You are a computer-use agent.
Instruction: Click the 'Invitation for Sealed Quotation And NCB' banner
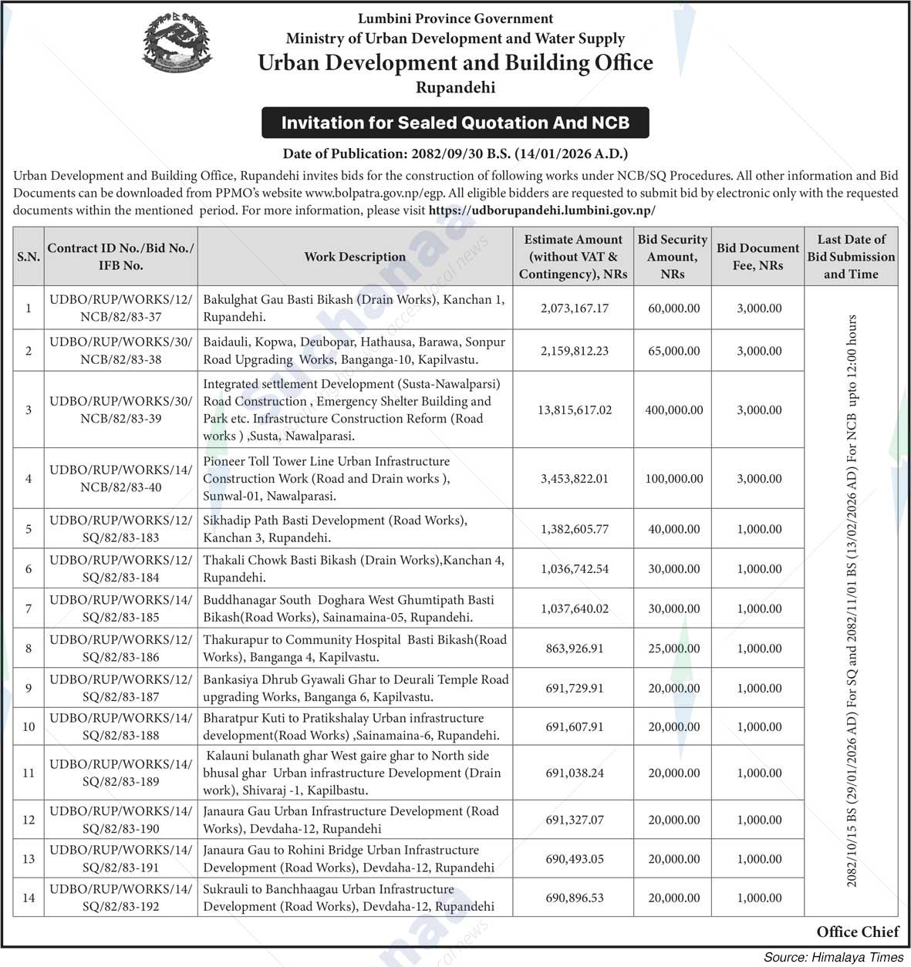click(x=455, y=123)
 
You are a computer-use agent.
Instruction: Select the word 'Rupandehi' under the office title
click(x=455, y=87)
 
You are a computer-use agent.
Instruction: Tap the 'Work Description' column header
click(x=355, y=257)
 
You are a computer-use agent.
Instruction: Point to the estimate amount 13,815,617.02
click(x=574, y=410)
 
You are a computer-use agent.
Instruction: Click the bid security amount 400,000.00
click(x=673, y=410)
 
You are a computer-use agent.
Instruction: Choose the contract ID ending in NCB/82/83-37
click(x=120, y=308)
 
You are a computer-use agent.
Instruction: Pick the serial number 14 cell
click(x=29, y=898)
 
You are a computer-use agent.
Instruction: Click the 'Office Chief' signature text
click(x=857, y=932)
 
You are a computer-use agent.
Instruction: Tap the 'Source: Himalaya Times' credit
click(x=833, y=957)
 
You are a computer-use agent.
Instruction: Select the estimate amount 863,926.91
click(x=574, y=649)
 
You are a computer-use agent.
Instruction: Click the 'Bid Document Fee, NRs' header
click(x=757, y=257)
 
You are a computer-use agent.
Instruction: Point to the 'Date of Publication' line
click(x=455, y=154)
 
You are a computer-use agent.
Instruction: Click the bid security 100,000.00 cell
click(x=673, y=479)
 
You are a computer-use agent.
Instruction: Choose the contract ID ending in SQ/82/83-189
click(x=120, y=773)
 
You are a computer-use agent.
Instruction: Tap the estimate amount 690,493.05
click(x=574, y=859)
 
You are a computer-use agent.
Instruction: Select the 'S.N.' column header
click(x=29, y=257)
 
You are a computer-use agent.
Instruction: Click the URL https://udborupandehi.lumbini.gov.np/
click(x=542, y=210)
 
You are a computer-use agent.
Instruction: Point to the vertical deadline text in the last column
click(x=852, y=600)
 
